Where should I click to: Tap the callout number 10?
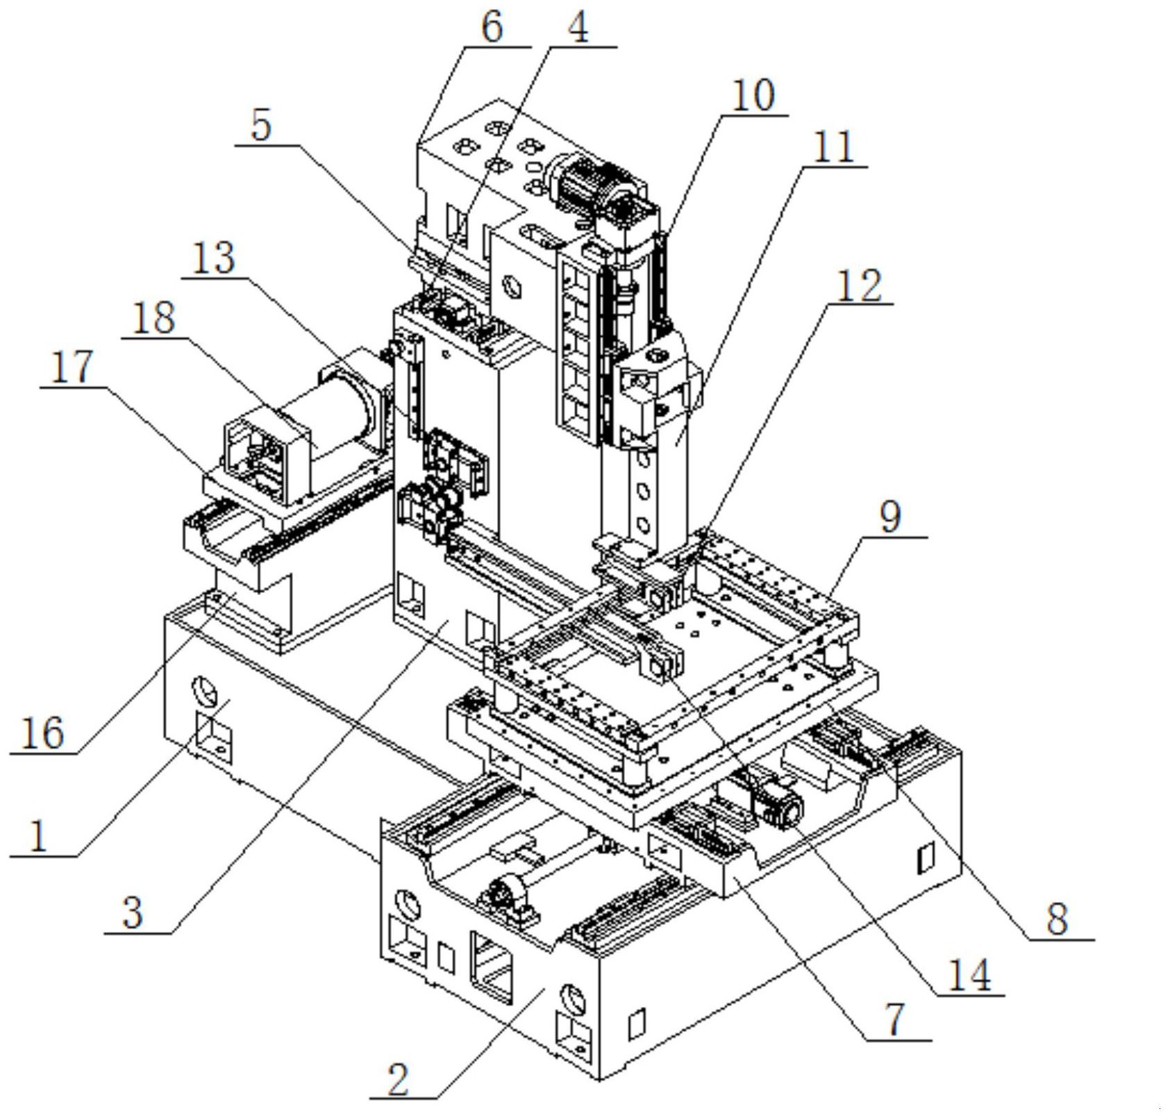pos(753,95)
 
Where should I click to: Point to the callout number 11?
pos(833,147)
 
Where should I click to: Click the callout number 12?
pos(859,285)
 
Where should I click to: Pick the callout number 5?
pos(261,126)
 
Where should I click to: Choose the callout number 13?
pos(214,258)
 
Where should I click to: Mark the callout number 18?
pos(154,318)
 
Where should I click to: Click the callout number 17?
pos(72,367)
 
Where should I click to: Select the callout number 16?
pos(43,733)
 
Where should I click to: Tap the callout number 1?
pos(39,835)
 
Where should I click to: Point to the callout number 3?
pos(133,912)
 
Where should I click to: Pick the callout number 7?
pos(896,1019)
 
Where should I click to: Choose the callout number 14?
pos(969,975)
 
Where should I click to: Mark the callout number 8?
pos(1057,919)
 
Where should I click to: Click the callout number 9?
pos(890,517)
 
